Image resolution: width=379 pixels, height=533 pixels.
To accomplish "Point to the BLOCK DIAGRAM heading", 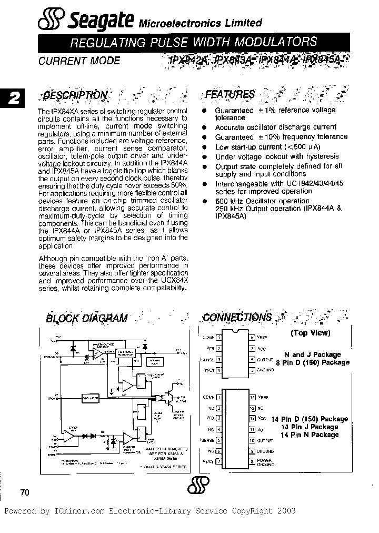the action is (86, 318).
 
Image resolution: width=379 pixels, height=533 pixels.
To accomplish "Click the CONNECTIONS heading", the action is (237, 317).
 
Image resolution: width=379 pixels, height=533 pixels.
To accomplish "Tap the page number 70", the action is (25, 492).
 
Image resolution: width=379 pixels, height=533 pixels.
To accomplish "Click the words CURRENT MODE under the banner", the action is (79, 61).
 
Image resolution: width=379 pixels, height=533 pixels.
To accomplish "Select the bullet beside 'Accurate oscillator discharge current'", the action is (204, 127).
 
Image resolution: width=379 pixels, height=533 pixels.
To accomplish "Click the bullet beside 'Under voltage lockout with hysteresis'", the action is (204, 157).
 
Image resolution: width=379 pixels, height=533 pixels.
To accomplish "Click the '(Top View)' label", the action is (310, 333).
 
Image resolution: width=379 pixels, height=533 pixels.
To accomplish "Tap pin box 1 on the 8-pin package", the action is (218, 337).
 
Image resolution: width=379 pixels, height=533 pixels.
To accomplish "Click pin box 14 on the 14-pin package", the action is (253, 398).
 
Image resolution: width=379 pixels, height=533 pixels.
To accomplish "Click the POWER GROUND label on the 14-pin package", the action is (266, 462).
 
